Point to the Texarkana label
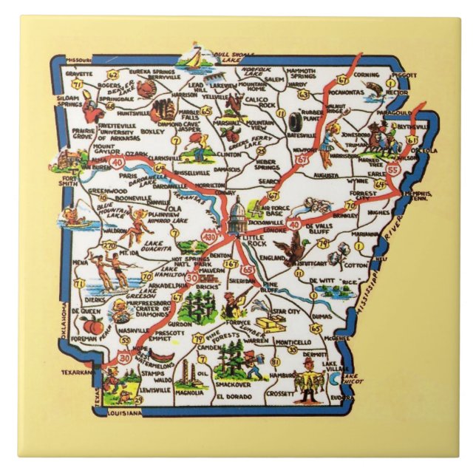click(74, 373)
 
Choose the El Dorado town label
click(231, 396)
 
